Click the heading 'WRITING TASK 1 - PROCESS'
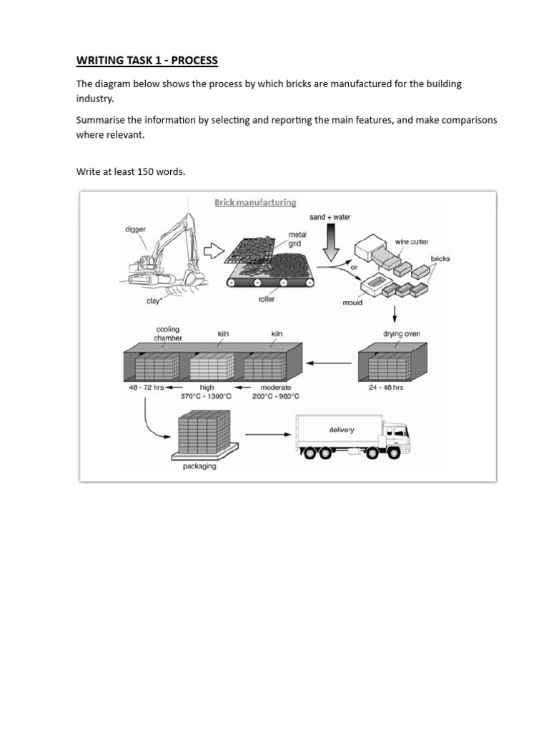coord(147,61)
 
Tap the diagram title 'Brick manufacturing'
coord(255,203)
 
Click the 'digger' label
coord(135,230)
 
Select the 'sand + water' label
coord(330,217)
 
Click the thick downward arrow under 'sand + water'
coord(330,243)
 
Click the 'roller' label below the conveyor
coord(267,299)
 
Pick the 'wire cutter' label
coord(412,242)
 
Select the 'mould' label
coord(352,303)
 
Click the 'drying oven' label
coord(402,333)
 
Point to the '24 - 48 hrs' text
coord(386,388)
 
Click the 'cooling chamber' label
coord(168,334)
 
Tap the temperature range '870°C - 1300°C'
coord(207,397)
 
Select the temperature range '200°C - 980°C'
coord(276,397)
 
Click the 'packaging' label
coord(199,467)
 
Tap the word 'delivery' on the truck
coord(341,430)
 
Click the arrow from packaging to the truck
coord(268,433)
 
